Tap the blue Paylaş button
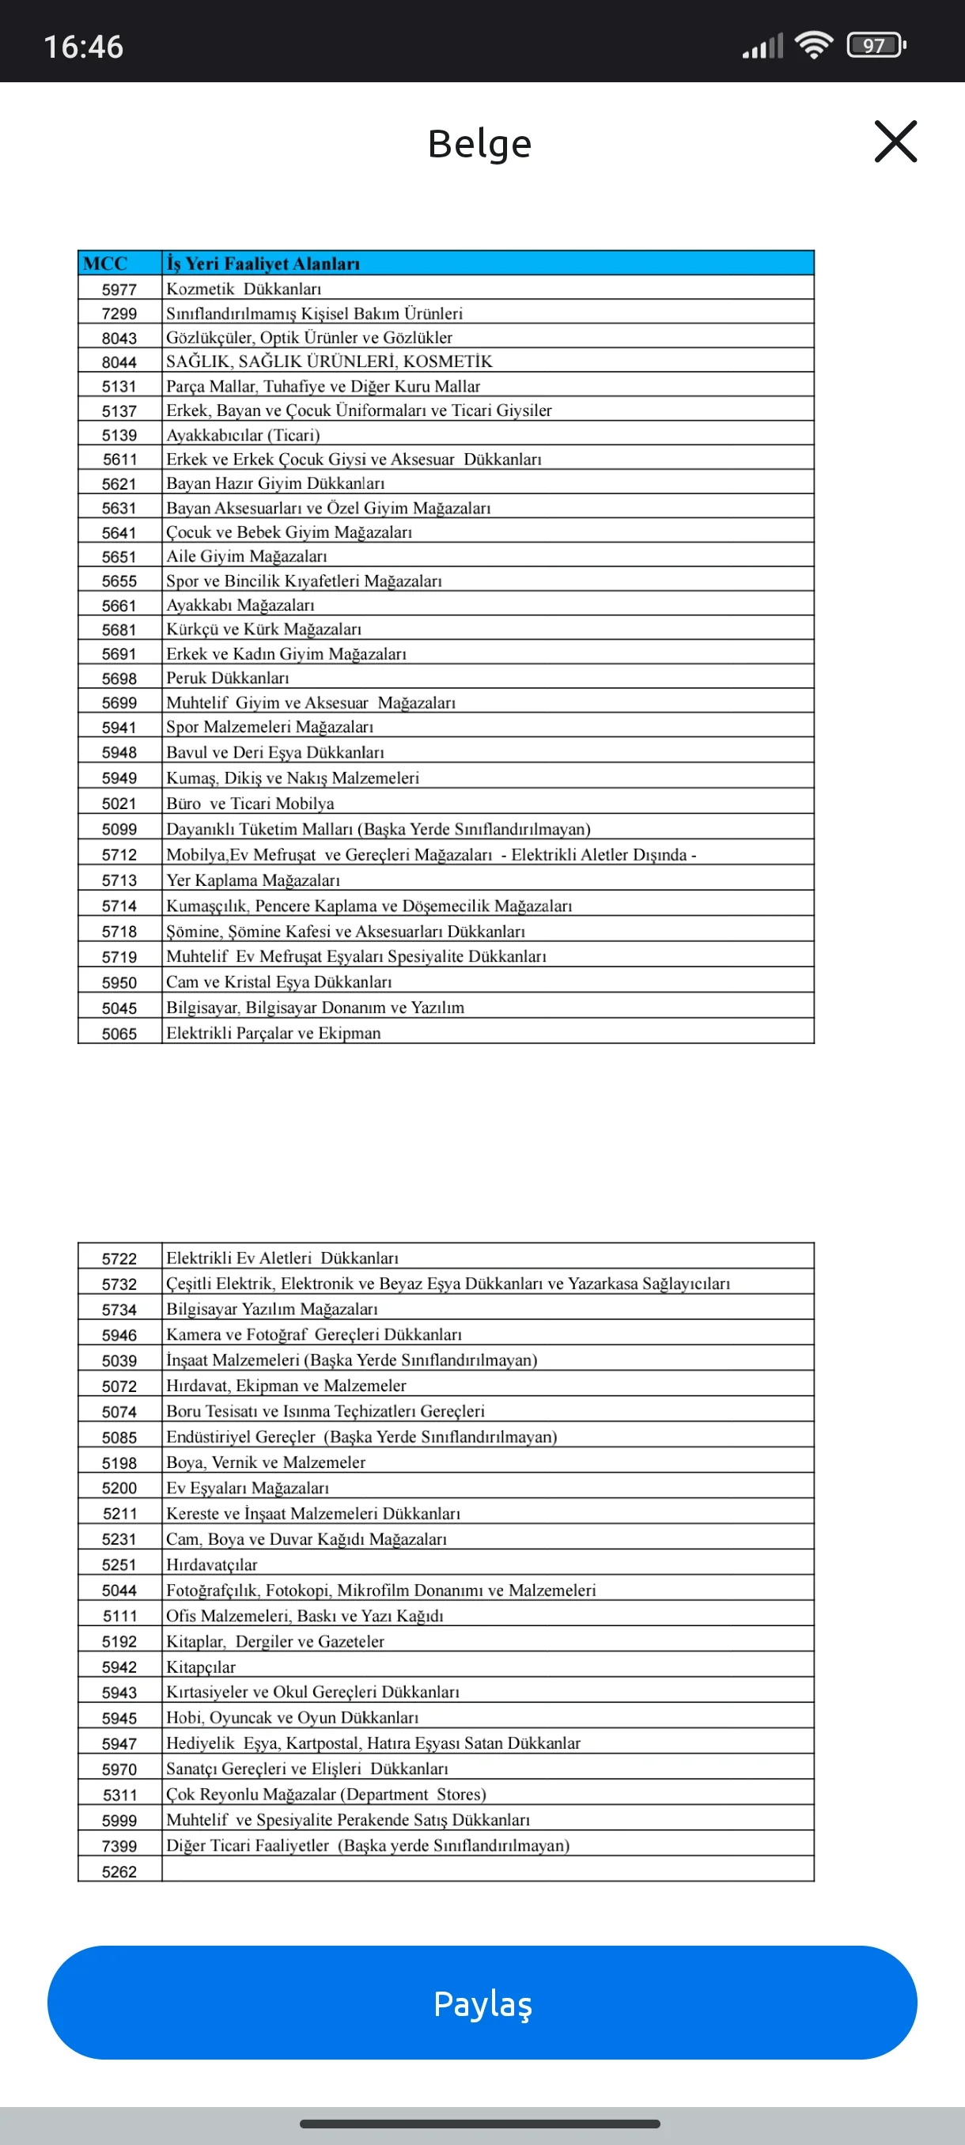pyautogui.click(x=482, y=2003)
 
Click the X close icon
pyautogui.click(x=895, y=141)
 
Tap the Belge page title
pyautogui.click(x=479, y=143)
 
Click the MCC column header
pyautogui.click(x=106, y=263)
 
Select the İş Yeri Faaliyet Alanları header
pyautogui.click(x=263, y=263)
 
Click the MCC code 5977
pyautogui.click(x=119, y=289)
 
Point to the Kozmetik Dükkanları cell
pyautogui.click(x=244, y=289)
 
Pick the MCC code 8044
pyautogui.click(x=119, y=362)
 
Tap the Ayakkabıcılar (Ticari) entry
pyautogui.click(x=243, y=435)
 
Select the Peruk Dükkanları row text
pyautogui.click(x=227, y=678)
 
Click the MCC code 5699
pyautogui.click(x=119, y=703)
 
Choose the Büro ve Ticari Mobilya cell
pyautogui.click(x=250, y=804)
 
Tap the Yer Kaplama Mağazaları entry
pyautogui.click(x=253, y=880)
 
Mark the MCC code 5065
pyautogui.click(x=119, y=1034)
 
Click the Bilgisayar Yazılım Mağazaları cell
pyautogui.click(x=271, y=1309)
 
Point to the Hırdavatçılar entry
pyautogui.click(x=211, y=1564)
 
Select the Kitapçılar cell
pyautogui.click(x=201, y=1667)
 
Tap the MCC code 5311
pyautogui.click(x=119, y=1795)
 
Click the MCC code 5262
pyautogui.click(x=119, y=1872)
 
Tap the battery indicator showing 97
pyautogui.click(x=875, y=45)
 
